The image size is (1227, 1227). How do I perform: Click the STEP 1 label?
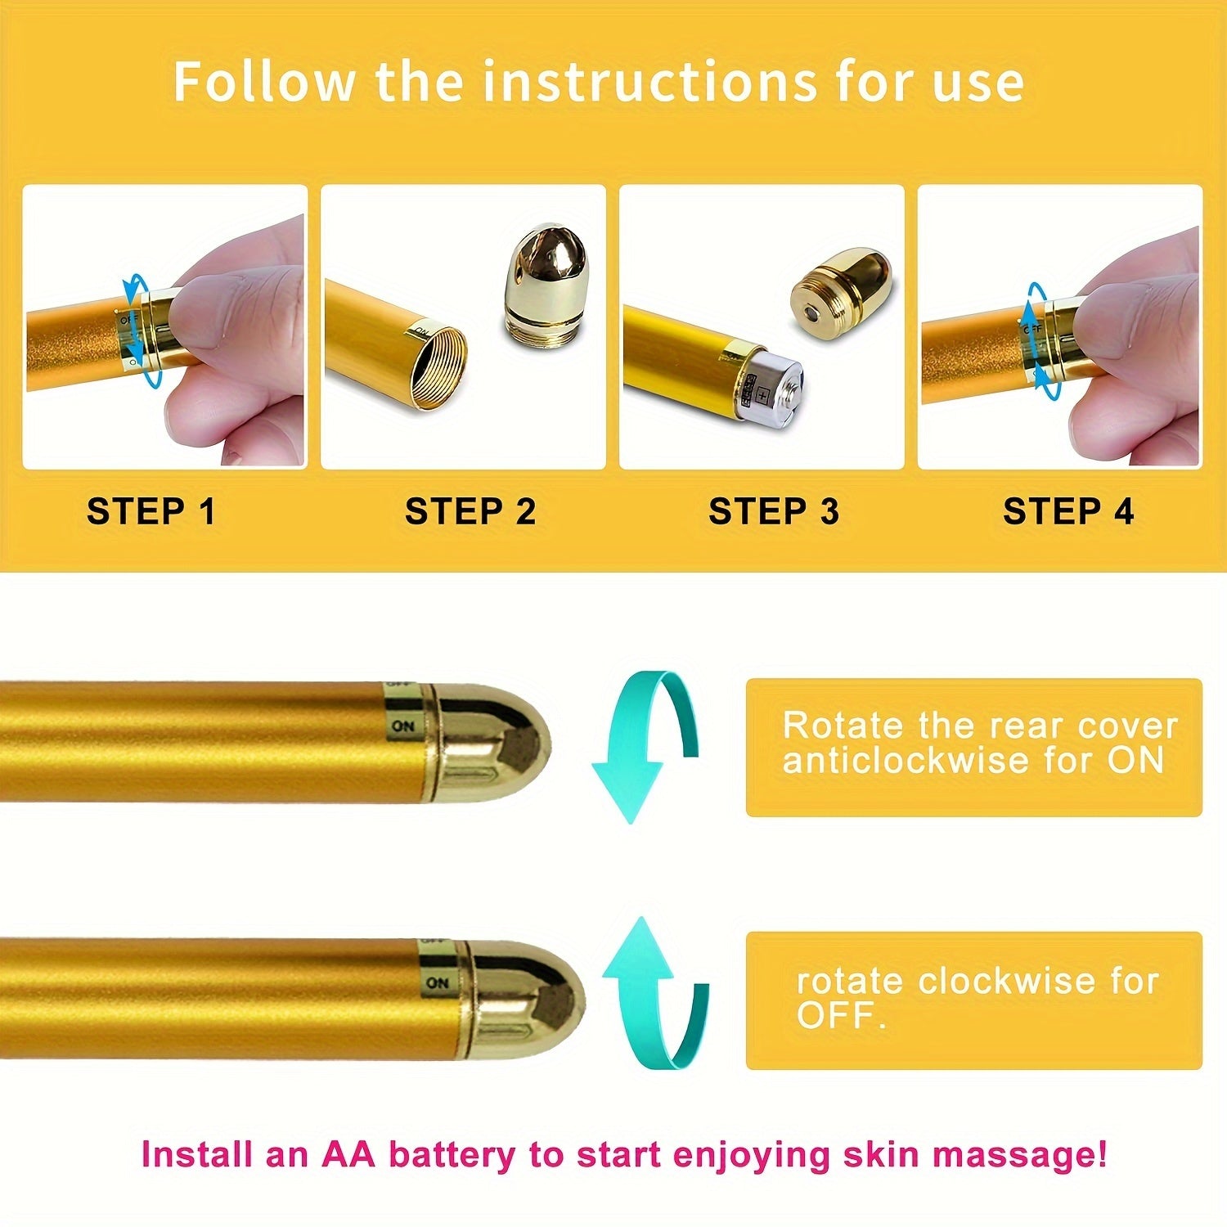[151, 511]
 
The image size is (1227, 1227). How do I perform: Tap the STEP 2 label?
[470, 511]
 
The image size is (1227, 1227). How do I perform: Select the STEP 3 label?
[774, 511]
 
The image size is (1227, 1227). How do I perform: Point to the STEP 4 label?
[1068, 511]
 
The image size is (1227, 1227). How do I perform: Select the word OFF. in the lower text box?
[841, 1016]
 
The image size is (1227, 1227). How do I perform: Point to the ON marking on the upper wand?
[402, 726]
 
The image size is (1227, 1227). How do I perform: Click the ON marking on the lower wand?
[438, 982]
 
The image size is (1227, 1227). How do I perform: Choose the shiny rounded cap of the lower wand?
[524, 1000]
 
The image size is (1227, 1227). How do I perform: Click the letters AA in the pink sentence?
[348, 1154]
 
